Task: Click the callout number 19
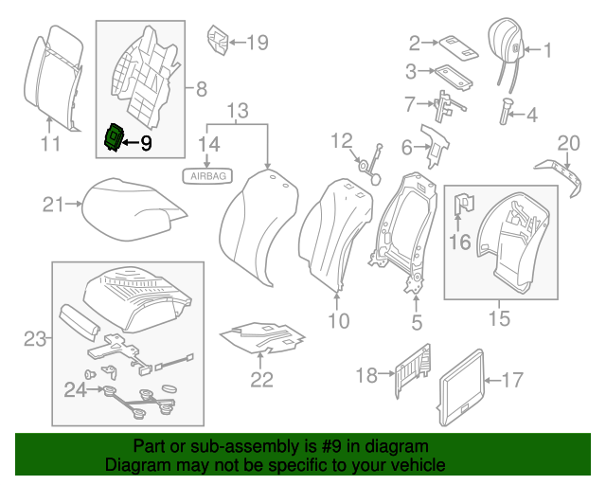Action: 257,42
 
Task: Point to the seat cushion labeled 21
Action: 129,207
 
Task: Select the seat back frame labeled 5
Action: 405,227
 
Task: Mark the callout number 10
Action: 338,321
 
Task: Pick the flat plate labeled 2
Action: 450,44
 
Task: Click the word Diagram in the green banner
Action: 134,466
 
